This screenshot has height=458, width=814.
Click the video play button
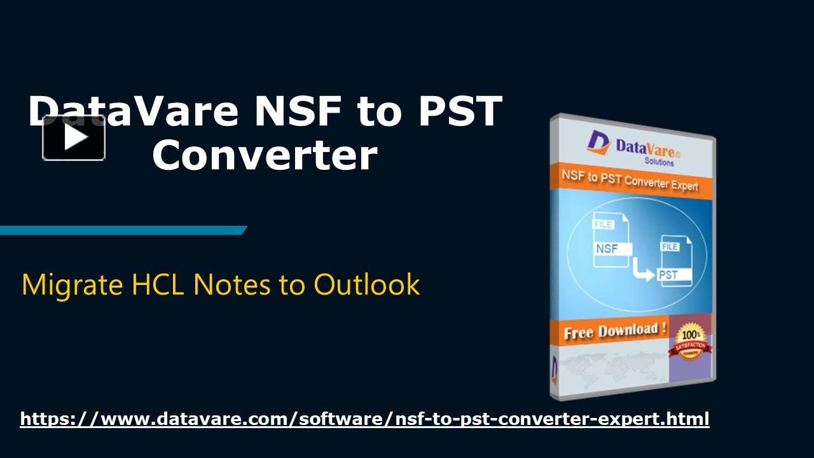tap(74, 138)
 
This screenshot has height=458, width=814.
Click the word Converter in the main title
tap(265, 155)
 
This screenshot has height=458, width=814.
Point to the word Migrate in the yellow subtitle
tap(72, 284)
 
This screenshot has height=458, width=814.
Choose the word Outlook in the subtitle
tap(366, 284)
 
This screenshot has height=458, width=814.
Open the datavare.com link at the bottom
tap(364, 419)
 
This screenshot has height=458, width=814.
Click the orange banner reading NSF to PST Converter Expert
tap(629, 181)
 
